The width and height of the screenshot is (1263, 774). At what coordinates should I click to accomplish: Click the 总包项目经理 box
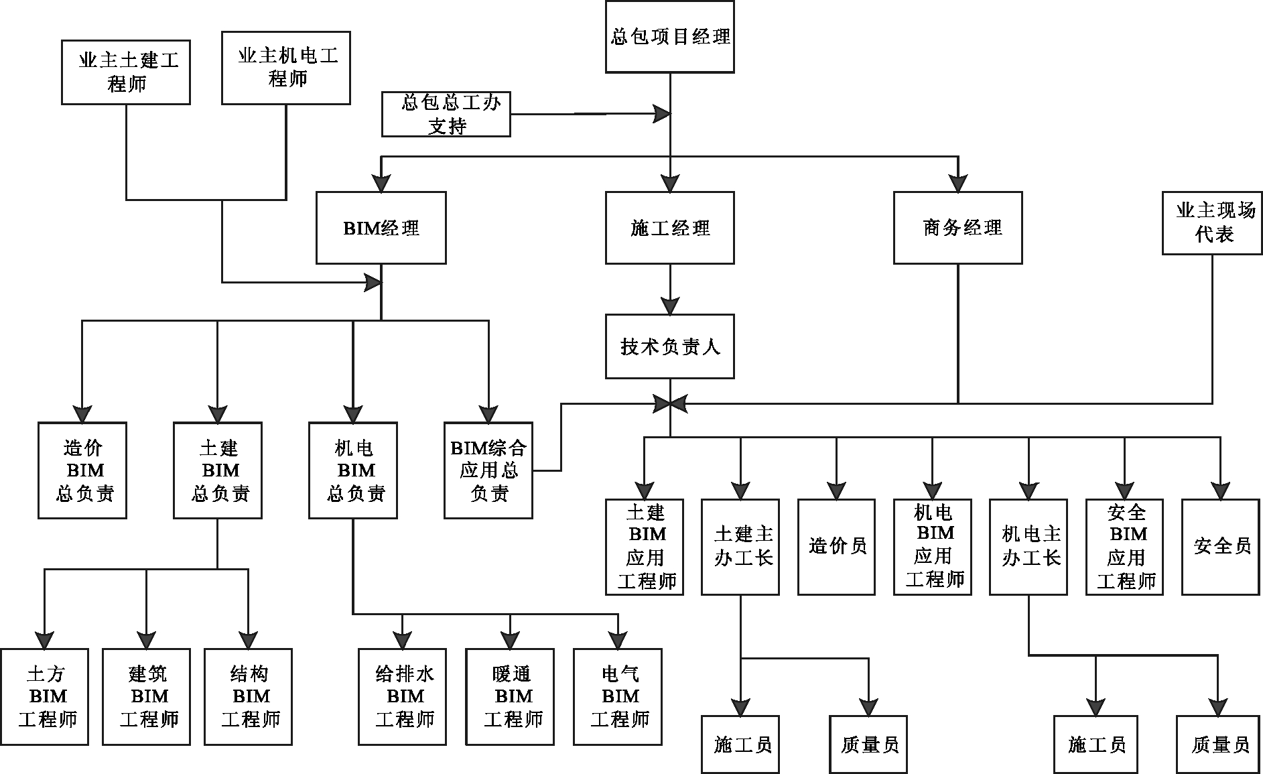coord(669,37)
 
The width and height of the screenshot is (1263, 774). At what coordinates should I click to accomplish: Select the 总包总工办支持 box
coord(446,115)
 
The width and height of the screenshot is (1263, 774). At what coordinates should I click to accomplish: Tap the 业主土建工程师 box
coord(126,72)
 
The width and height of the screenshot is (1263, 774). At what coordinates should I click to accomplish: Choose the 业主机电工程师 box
coord(286,67)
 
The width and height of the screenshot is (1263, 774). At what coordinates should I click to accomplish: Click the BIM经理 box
coord(381,228)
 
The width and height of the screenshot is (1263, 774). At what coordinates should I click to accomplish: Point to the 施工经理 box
coord(669,228)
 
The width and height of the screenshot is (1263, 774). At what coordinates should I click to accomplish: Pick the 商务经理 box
coord(957,228)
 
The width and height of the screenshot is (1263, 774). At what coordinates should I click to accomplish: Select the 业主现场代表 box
coord(1212,223)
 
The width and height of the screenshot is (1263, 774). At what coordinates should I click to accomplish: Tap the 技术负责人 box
coord(669,346)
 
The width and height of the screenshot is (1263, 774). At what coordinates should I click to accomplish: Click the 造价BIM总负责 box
coord(82,470)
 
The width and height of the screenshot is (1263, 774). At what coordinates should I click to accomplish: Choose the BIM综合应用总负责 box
coord(488,470)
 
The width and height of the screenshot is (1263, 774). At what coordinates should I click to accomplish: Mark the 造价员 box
coord(836,547)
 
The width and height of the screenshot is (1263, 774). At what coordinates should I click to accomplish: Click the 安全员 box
coord(1220,547)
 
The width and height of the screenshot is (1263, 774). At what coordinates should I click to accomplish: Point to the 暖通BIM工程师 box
coord(510,697)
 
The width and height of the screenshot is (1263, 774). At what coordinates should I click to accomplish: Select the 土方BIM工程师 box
coord(44,697)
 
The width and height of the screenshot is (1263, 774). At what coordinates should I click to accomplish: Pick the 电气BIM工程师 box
coord(618,697)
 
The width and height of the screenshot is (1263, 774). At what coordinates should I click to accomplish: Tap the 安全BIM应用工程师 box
coord(1124,547)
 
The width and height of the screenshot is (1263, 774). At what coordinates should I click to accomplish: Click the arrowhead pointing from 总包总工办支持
coord(663,115)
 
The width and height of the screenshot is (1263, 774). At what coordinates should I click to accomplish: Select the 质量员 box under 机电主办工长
coord(1219,745)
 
